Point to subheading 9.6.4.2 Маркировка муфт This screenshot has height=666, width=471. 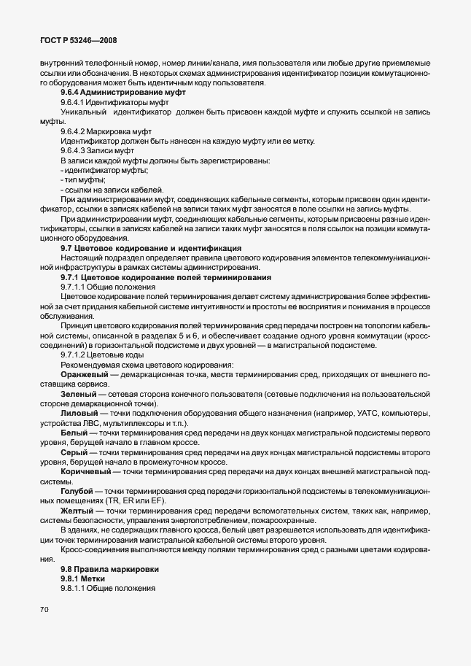click(101, 131)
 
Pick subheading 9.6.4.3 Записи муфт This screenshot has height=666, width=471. click(96, 150)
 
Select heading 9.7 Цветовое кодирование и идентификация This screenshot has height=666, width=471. click(151, 248)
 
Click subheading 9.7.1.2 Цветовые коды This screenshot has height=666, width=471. click(98, 354)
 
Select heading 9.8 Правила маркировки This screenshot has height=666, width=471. click(109, 568)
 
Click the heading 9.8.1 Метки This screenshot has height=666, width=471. click(88, 578)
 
